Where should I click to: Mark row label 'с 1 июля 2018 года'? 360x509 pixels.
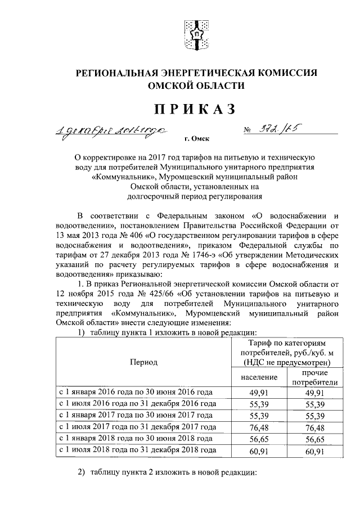[137, 451]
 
